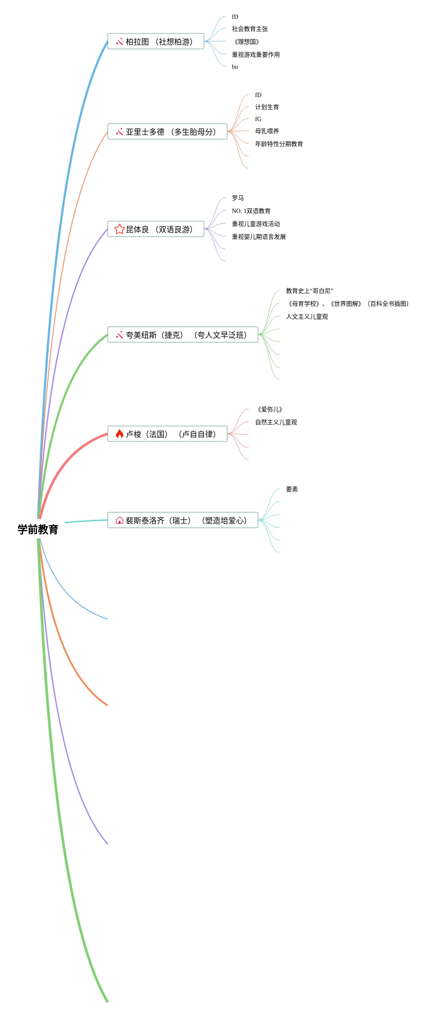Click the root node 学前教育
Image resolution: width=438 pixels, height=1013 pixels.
pyautogui.click(x=38, y=529)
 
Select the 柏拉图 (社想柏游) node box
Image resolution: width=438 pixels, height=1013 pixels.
pyautogui.click(x=155, y=42)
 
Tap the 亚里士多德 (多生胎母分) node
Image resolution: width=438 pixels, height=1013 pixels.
pyautogui.click(x=167, y=132)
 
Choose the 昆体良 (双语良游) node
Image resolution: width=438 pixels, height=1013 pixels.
pyautogui.click(x=155, y=229)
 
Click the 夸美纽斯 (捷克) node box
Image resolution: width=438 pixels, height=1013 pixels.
pyautogui.click(x=182, y=335)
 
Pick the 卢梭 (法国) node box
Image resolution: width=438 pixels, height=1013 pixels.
pyautogui.click(x=167, y=434)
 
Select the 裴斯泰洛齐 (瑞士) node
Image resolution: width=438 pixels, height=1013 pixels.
pyautogui.click(x=182, y=520)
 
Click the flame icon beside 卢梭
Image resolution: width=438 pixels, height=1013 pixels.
pyautogui.click(x=119, y=434)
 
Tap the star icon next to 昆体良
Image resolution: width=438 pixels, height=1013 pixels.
pyautogui.click(x=119, y=229)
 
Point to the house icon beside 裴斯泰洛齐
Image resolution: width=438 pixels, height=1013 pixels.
pyautogui.click(x=119, y=520)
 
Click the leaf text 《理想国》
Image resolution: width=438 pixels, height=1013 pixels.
pyautogui.click(x=246, y=42)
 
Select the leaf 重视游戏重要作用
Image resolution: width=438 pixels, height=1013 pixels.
pyautogui.click(x=255, y=55)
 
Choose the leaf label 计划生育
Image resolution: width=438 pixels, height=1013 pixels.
pyautogui.click(x=267, y=107)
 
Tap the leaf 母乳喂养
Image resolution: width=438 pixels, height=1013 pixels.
pyautogui.click(x=267, y=131)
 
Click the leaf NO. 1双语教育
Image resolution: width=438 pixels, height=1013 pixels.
pyautogui.click(x=251, y=211)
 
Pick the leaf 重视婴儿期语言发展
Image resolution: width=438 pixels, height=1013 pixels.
pyautogui.click(x=259, y=237)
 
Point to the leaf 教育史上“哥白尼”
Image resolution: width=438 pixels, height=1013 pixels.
pyautogui.click(x=309, y=291)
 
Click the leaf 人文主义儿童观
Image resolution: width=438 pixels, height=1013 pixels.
pyautogui.click(x=307, y=316)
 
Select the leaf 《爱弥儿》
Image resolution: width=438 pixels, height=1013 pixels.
pyautogui.click(x=270, y=409)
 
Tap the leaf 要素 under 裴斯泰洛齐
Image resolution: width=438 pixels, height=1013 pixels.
pyautogui.click(x=292, y=489)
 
